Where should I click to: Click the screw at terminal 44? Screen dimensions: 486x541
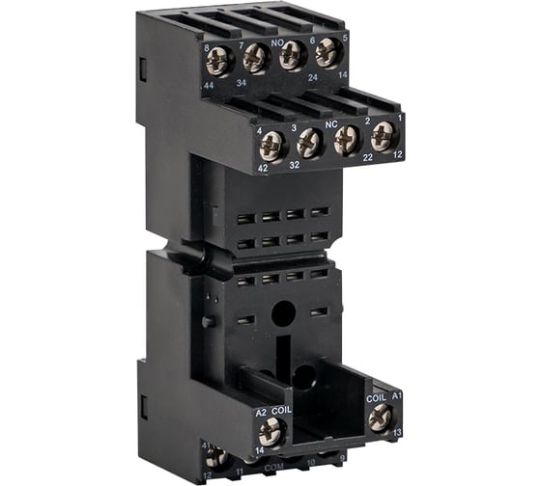click(x=219, y=61)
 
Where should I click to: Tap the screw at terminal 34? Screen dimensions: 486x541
click(x=256, y=58)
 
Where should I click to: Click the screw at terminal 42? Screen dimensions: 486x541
click(x=272, y=147)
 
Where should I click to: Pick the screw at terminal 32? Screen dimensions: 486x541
click(x=309, y=143)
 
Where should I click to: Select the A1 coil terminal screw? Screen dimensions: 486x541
click(x=381, y=416)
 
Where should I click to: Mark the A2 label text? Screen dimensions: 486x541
click(x=261, y=412)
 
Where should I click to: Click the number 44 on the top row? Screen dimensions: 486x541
click(x=209, y=86)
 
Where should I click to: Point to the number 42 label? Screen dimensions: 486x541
click(x=264, y=168)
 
